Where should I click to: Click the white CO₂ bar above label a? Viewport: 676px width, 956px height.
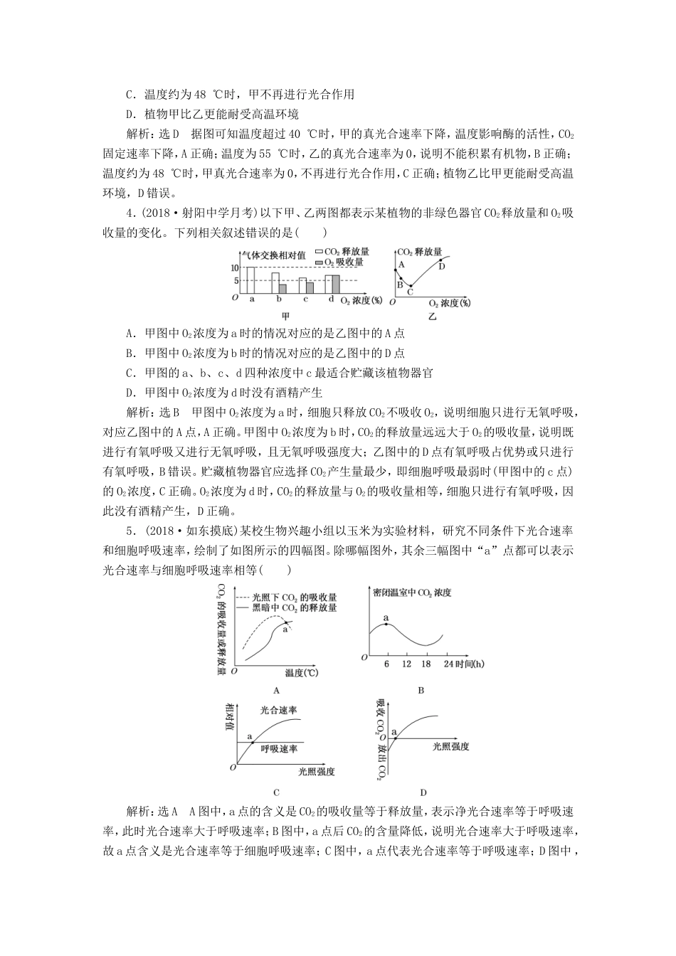(250, 280)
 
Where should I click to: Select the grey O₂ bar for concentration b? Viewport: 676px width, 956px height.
(282, 289)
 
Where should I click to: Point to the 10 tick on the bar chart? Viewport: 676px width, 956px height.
(236, 267)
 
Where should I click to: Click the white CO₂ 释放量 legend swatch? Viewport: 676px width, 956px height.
(319, 252)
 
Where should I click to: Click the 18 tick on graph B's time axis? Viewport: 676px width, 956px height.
(426, 664)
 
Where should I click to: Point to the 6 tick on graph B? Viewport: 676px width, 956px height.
(387, 664)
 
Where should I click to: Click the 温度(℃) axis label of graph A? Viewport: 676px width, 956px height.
(300, 672)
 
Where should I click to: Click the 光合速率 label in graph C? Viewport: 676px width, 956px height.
(278, 710)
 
